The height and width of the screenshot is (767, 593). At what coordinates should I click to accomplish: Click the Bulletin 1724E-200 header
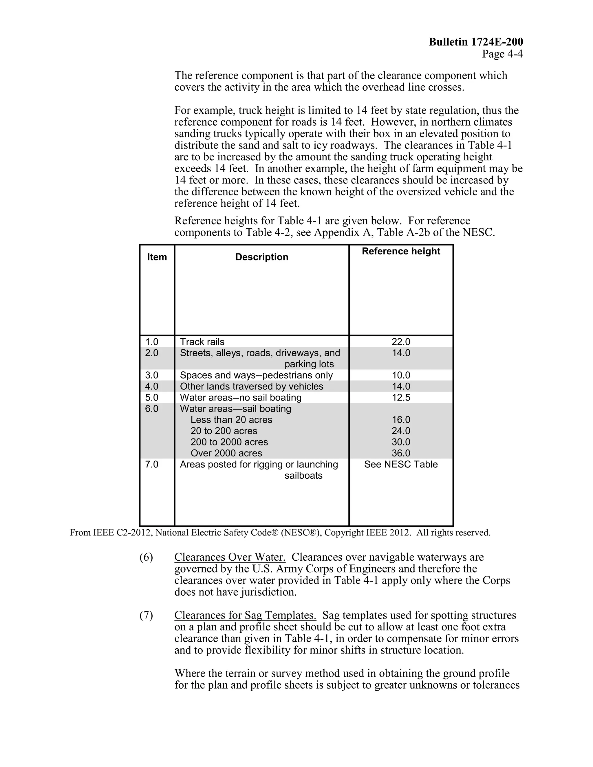pos(476,42)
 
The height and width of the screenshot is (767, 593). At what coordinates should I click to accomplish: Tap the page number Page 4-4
pos(502,54)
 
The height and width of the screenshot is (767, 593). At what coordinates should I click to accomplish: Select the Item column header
pos(157,257)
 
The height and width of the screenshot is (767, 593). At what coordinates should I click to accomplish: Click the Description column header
pos(261,257)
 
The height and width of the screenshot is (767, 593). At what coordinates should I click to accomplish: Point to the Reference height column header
pos(401,251)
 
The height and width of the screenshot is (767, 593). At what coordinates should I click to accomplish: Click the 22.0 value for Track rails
pos(401,342)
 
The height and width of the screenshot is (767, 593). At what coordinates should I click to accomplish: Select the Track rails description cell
pos(202,342)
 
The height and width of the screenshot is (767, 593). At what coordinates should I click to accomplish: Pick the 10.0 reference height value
pos(401,375)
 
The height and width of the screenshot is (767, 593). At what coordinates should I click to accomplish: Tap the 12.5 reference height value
pos(401,398)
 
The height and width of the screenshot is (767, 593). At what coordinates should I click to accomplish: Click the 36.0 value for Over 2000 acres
pos(401,453)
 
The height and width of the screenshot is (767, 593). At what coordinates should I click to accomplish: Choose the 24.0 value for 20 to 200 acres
pos(401,431)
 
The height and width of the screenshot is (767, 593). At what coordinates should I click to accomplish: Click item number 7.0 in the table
pos(151,464)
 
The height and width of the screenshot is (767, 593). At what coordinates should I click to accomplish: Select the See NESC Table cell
pos(401,464)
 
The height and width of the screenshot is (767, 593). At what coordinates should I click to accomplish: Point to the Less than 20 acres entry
pos(231,420)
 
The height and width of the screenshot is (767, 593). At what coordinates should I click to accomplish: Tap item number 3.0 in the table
pos(151,375)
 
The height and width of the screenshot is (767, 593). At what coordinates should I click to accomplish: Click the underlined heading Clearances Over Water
pos(230,557)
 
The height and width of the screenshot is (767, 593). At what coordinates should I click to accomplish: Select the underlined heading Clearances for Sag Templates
pos(245,615)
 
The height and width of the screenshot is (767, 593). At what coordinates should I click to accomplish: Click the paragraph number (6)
pos(146,557)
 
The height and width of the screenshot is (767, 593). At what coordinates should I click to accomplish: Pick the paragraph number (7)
pos(146,615)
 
